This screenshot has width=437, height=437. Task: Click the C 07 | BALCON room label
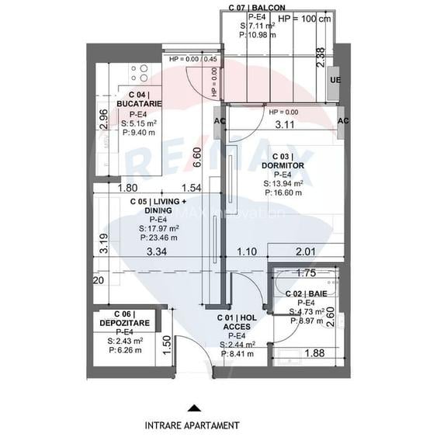pos(255,7)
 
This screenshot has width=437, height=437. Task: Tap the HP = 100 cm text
pos(303,19)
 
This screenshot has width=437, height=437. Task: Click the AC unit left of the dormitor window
pos(218,122)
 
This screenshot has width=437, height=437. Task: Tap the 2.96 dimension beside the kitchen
pos(104,121)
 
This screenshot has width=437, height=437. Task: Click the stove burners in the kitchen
pos(140,73)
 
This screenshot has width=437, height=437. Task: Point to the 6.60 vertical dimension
pos(198,157)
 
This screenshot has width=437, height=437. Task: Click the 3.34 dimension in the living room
pos(158,251)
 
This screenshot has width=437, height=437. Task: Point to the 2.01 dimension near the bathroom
pos(305,251)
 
